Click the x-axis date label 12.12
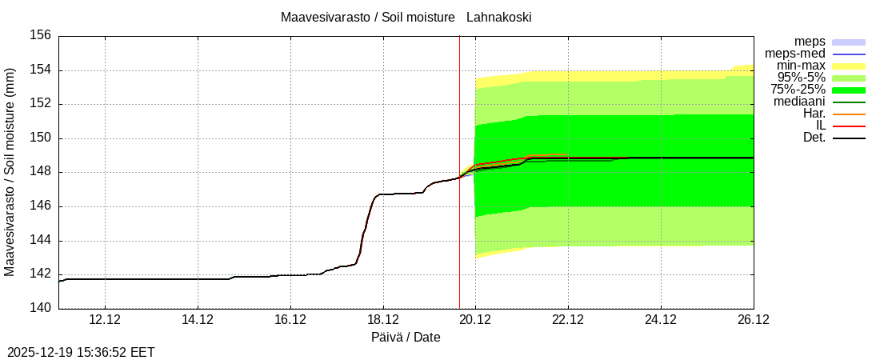point(105,320)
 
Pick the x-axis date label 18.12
point(382,320)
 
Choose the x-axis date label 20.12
point(475,320)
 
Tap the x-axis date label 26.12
point(753,320)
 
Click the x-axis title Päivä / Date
point(406,338)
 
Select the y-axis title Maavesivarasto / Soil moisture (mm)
point(10,171)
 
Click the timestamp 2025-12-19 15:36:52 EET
point(81,352)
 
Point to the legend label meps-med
point(795,54)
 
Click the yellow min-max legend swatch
point(849,66)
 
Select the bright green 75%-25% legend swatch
point(849,90)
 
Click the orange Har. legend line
point(849,114)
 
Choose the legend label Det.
point(814,138)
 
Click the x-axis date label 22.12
point(568,320)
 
